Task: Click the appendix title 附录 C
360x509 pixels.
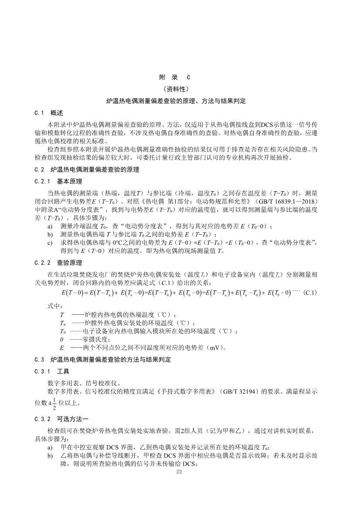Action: point(175,78)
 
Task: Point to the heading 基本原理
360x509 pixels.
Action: point(69,181)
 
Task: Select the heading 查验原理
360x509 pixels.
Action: point(69,263)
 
